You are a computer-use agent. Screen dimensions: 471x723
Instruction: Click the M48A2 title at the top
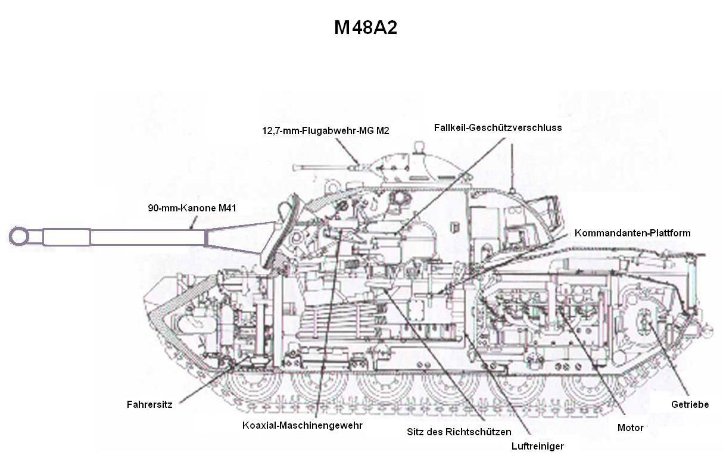(x=365, y=28)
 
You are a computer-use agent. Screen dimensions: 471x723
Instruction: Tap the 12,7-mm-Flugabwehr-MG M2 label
(x=325, y=130)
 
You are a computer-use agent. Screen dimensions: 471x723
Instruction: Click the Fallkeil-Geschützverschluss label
(x=498, y=127)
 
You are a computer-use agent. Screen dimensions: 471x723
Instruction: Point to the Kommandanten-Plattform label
(x=632, y=233)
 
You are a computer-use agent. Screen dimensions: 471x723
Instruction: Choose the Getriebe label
(x=690, y=404)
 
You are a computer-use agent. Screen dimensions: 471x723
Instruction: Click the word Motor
(x=630, y=428)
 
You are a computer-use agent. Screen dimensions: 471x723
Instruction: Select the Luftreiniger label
(x=537, y=446)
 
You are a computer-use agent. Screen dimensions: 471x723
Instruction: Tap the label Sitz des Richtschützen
(x=459, y=432)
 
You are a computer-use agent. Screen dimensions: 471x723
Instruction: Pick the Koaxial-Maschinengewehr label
(x=302, y=425)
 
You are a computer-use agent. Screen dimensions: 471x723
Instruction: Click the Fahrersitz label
(x=149, y=404)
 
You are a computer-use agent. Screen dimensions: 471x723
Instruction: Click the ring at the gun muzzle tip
(x=19, y=236)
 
